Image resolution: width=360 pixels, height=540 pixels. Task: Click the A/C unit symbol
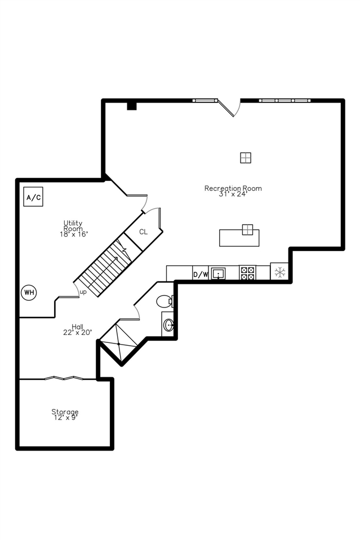click(33, 197)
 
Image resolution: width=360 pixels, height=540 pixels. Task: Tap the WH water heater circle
click(29, 292)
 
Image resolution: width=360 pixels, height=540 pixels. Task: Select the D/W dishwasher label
click(201, 274)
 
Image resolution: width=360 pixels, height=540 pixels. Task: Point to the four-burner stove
click(248, 273)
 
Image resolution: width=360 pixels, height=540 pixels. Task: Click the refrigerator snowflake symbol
click(280, 273)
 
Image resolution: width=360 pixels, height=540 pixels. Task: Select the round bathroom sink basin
click(168, 325)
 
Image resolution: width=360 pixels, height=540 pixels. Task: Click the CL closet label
click(143, 232)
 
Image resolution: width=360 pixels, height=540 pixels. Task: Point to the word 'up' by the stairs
click(83, 292)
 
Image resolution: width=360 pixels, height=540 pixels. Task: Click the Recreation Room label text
click(233, 188)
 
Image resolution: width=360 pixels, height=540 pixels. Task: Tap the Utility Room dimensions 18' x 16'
click(74, 234)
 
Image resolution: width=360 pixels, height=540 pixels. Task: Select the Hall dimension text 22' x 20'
click(78, 332)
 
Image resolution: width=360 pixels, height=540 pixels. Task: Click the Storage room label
click(65, 412)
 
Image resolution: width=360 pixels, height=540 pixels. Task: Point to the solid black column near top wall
click(132, 106)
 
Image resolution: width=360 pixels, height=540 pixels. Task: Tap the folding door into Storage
click(64, 378)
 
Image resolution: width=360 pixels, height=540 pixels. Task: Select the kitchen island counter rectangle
click(239, 238)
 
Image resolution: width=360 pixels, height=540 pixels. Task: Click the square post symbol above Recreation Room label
click(246, 158)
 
